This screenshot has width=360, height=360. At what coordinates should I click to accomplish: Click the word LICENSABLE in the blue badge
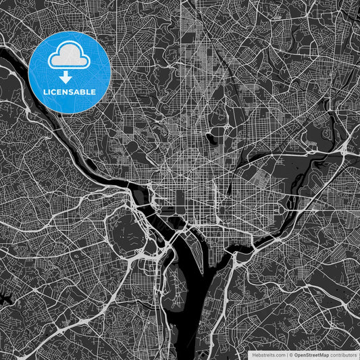(x=70, y=91)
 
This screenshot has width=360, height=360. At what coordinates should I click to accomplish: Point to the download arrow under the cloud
(x=70, y=77)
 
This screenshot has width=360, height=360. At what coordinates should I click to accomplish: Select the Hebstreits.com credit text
(x=266, y=354)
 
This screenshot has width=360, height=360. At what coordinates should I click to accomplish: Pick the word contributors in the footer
(x=344, y=354)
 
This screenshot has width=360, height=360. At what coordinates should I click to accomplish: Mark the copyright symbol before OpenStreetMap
(x=291, y=354)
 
